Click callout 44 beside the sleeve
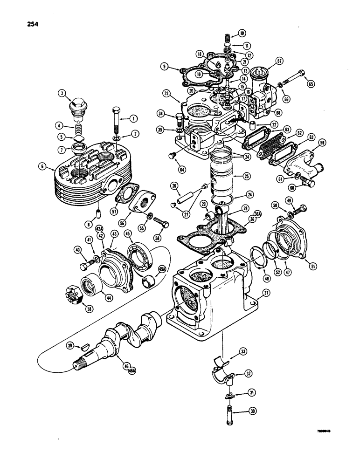[110, 296]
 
